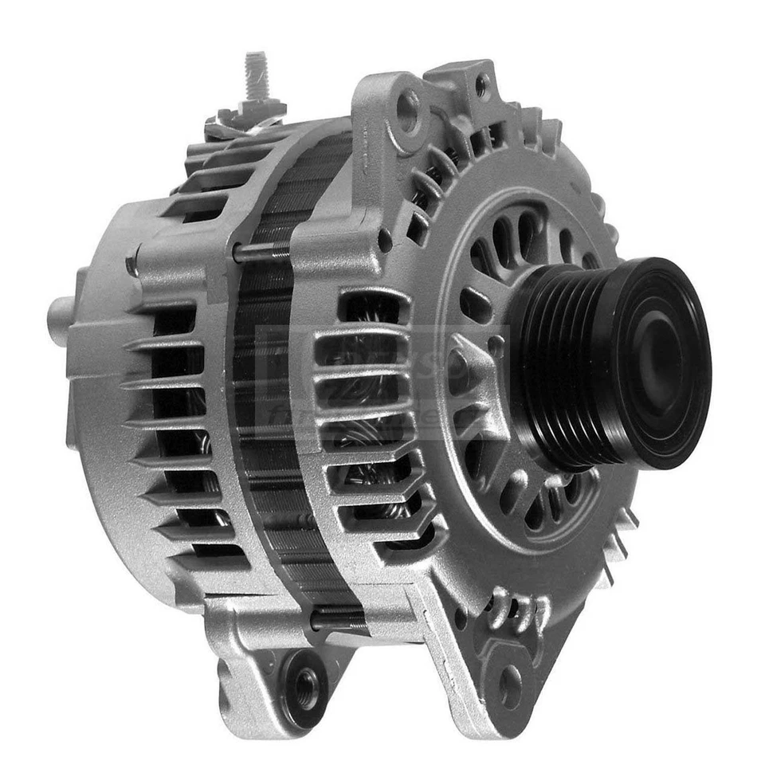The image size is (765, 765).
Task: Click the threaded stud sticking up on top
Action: pos(256,75)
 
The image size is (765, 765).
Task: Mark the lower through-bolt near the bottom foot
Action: pos(339,618)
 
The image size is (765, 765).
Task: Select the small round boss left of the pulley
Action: pos(496,345)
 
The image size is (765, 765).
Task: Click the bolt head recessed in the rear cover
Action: pos(132,264)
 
